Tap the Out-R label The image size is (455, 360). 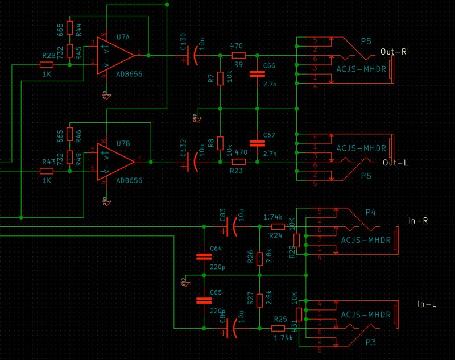393,51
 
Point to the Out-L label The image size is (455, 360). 395,162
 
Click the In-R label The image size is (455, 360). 417,220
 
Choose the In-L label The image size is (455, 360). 426,304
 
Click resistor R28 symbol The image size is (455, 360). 47,65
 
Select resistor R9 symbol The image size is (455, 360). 238,56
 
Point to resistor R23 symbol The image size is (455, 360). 238,162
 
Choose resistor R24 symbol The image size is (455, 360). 277,226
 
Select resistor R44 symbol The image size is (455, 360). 69,27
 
